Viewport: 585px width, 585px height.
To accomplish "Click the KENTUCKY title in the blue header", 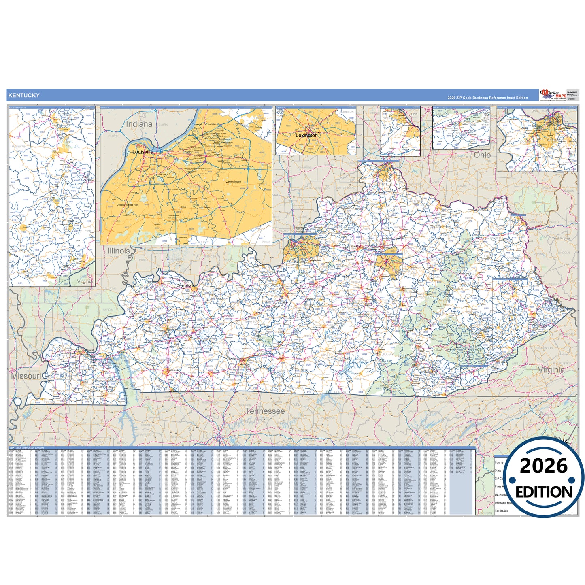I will [x=24, y=96].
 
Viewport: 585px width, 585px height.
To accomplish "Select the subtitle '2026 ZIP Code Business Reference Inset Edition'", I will [x=487, y=98].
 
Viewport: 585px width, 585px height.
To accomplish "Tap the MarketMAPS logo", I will [x=553, y=95].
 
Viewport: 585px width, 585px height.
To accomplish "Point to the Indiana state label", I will [x=139, y=124].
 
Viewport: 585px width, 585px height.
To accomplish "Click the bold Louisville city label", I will [x=143, y=152].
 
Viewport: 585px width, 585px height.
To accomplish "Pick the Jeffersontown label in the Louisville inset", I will [x=234, y=182].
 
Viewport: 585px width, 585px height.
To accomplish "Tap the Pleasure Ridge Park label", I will [x=128, y=205].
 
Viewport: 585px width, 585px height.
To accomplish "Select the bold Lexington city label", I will [x=306, y=135].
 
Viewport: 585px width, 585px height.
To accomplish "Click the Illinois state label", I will [x=119, y=251].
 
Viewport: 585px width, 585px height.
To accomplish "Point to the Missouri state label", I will [x=26, y=376].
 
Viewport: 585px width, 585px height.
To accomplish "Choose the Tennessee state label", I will [x=265, y=411].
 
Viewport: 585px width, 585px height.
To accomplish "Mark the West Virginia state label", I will [x=561, y=238].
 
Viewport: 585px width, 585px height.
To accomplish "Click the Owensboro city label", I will [x=185, y=285].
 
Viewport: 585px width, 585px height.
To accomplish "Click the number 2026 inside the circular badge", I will [x=544, y=466].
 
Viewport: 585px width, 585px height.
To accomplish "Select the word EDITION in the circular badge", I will [x=544, y=492].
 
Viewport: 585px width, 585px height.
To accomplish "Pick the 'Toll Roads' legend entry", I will [x=501, y=511].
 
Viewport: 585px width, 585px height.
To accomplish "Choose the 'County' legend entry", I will [x=499, y=462].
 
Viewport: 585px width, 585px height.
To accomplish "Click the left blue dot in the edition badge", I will [x=512, y=480].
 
